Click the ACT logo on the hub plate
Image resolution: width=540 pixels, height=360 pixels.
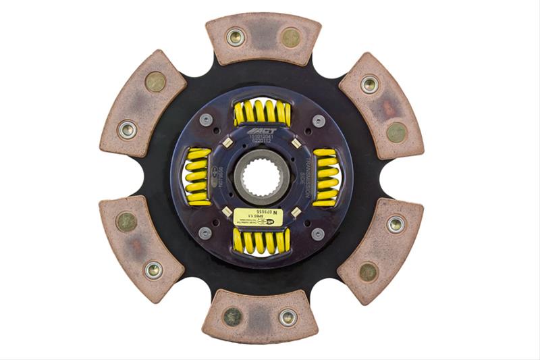261,131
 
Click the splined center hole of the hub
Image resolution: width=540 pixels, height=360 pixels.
262,176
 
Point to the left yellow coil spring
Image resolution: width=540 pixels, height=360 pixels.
198,176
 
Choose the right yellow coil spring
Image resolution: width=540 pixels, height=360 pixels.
326,176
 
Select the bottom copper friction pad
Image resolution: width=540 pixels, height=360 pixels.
260,315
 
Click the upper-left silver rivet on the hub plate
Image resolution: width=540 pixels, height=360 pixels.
205,120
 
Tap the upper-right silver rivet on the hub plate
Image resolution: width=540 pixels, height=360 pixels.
319,120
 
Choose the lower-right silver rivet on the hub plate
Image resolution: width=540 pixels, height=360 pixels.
317,233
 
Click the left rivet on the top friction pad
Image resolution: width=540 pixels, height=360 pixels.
236,36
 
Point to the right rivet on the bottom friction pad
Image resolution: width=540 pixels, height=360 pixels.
287,316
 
